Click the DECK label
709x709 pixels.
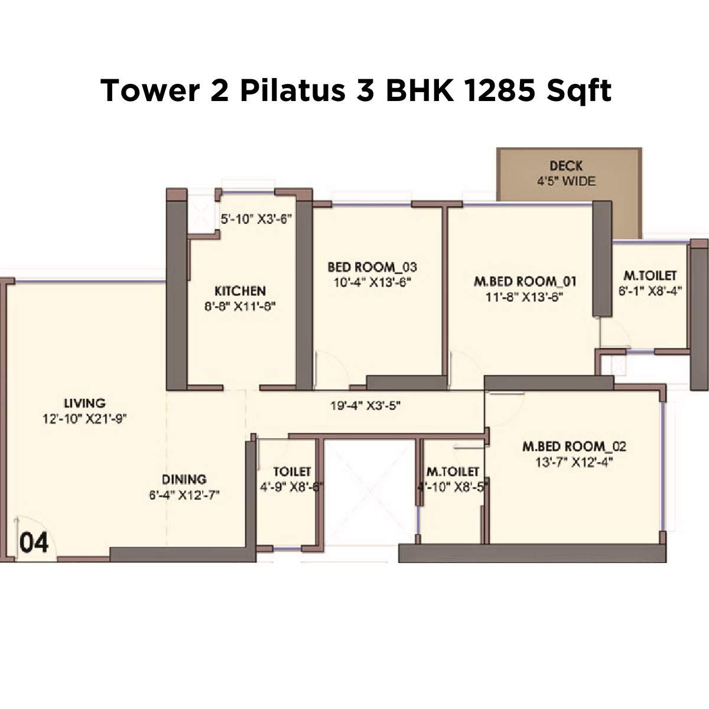coord(566,166)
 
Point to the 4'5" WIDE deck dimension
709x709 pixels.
coord(566,181)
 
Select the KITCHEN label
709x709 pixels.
coord(240,291)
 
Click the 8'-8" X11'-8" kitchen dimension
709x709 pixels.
coord(240,306)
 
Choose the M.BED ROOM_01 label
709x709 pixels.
coord(525,281)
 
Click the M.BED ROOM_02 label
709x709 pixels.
coord(574,446)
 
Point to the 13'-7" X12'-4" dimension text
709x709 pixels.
coord(574,462)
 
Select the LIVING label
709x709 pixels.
coord(85,404)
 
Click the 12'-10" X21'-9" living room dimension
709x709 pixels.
coord(85,419)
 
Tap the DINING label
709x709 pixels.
coord(184,479)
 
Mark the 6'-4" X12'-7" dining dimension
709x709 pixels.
coord(184,495)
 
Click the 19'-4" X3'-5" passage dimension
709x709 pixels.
coord(366,406)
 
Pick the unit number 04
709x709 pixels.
coord(34,542)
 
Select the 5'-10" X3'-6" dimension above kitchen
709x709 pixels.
coord(256,219)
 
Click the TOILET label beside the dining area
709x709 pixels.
coord(292,471)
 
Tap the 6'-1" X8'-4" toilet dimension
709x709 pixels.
coord(651,291)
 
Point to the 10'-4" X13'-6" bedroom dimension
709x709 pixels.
coord(372,282)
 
